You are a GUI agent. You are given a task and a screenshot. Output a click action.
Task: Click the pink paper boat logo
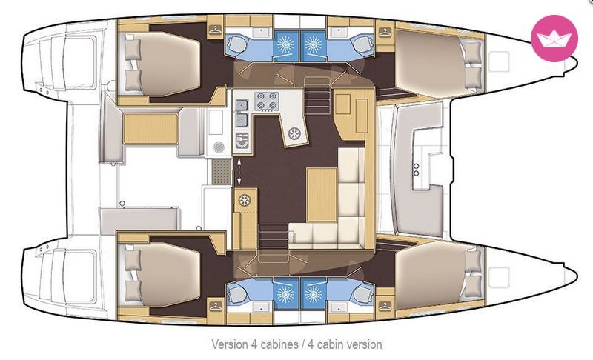554,39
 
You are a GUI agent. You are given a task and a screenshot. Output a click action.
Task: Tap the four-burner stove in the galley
266,101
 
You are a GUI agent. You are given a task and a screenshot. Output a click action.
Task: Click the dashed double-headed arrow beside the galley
239,172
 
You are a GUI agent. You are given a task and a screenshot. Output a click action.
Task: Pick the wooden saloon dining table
322,195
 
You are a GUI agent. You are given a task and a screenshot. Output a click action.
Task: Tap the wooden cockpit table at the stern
150,128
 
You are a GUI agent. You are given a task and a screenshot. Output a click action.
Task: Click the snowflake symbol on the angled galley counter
294,133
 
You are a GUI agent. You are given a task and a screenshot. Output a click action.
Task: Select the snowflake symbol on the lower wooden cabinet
245,200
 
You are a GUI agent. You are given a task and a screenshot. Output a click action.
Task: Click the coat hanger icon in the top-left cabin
215,30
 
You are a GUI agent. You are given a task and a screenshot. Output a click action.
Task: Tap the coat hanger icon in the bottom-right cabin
385,306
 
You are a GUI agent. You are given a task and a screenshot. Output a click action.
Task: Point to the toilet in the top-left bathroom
236,44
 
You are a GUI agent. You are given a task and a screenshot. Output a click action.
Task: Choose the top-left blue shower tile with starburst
286,46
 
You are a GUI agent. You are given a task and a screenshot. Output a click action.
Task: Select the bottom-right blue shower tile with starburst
313,294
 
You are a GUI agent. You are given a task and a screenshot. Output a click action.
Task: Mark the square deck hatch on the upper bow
498,61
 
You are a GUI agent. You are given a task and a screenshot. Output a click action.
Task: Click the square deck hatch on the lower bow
498,278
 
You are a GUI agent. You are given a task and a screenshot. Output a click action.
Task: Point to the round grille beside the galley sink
219,147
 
